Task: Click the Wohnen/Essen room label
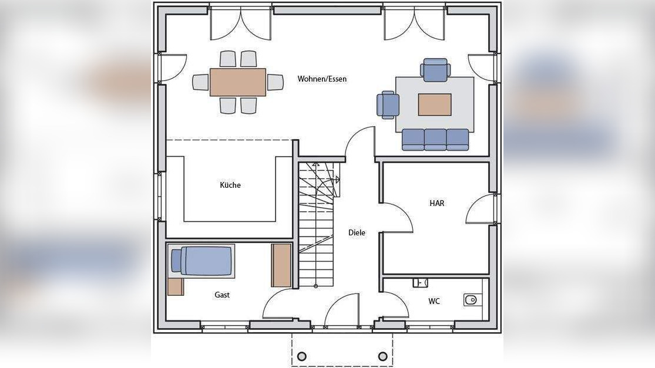click(322, 79)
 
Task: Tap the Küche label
click(230, 185)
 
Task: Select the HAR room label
click(437, 203)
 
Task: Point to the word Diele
click(357, 232)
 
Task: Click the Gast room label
click(222, 295)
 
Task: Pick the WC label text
click(434, 301)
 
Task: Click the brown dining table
click(238, 82)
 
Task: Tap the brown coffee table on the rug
click(435, 104)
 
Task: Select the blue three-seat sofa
click(435, 140)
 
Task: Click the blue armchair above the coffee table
click(435, 70)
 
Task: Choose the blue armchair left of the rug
click(388, 105)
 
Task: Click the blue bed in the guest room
click(203, 261)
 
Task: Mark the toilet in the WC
click(471, 300)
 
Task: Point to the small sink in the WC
click(420, 283)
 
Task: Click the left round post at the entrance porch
click(302, 356)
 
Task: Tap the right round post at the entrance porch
click(383, 356)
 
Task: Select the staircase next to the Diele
click(316, 223)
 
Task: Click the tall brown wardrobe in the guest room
click(281, 265)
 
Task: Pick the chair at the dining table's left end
click(200, 82)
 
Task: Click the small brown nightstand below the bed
click(175, 286)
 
